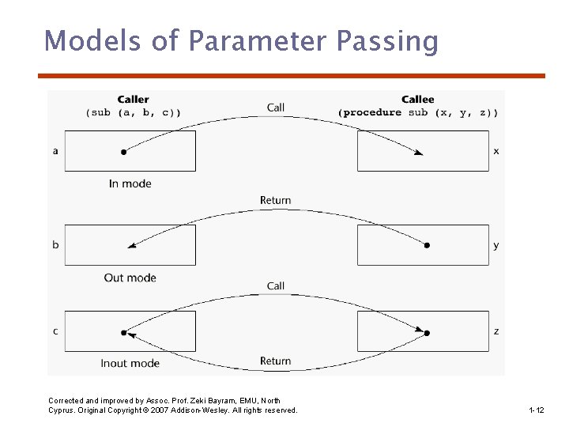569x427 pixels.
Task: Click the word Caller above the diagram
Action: pyautogui.click(x=133, y=99)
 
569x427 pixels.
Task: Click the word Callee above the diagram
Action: pyautogui.click(x=417, y=99)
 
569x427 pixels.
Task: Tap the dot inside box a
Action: pyautogui.click(x=123, y=151)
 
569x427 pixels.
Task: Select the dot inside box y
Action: pyautogui.click(x=427, y=245)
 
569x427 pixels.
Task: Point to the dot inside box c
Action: pyautogui.click(x=123, y=333)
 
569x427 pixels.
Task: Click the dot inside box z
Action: pyautogui.click(x=427, y=333)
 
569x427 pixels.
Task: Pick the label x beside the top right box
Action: pyautogui.click(x=496, y=150)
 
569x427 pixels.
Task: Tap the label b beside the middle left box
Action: pyautogui.click(x=55, y=245)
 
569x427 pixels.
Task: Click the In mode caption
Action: pyautogui.click(x=130, y=183)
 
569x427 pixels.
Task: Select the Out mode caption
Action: pyautogui.click(x=130, y=278)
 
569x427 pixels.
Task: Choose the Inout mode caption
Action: pyautogui.click(x=130, y=363)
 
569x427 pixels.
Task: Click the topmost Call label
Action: pyautogui.click(x=276, y=108)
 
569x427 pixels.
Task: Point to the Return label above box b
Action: pyautogui.click(x=276, y=200)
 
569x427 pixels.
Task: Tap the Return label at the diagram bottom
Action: pyautogui.click(x=276, y=361)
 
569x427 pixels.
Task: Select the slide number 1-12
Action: pyautogui.click(x=537, y=410)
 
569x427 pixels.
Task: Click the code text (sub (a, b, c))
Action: pyautogui.click(x=133, y=112)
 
